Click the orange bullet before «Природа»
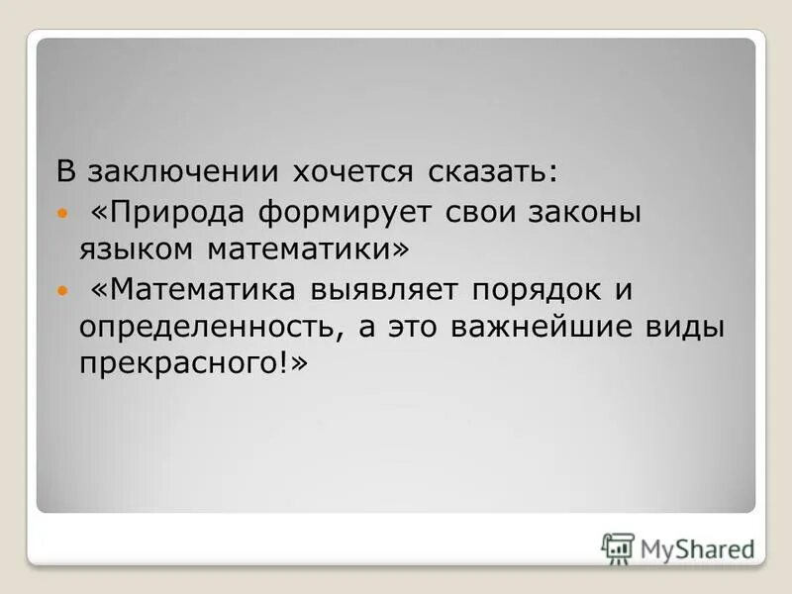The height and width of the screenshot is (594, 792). point(63,213)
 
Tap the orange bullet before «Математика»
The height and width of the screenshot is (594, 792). point(63,291)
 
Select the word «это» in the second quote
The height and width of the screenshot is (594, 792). point(415,328)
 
